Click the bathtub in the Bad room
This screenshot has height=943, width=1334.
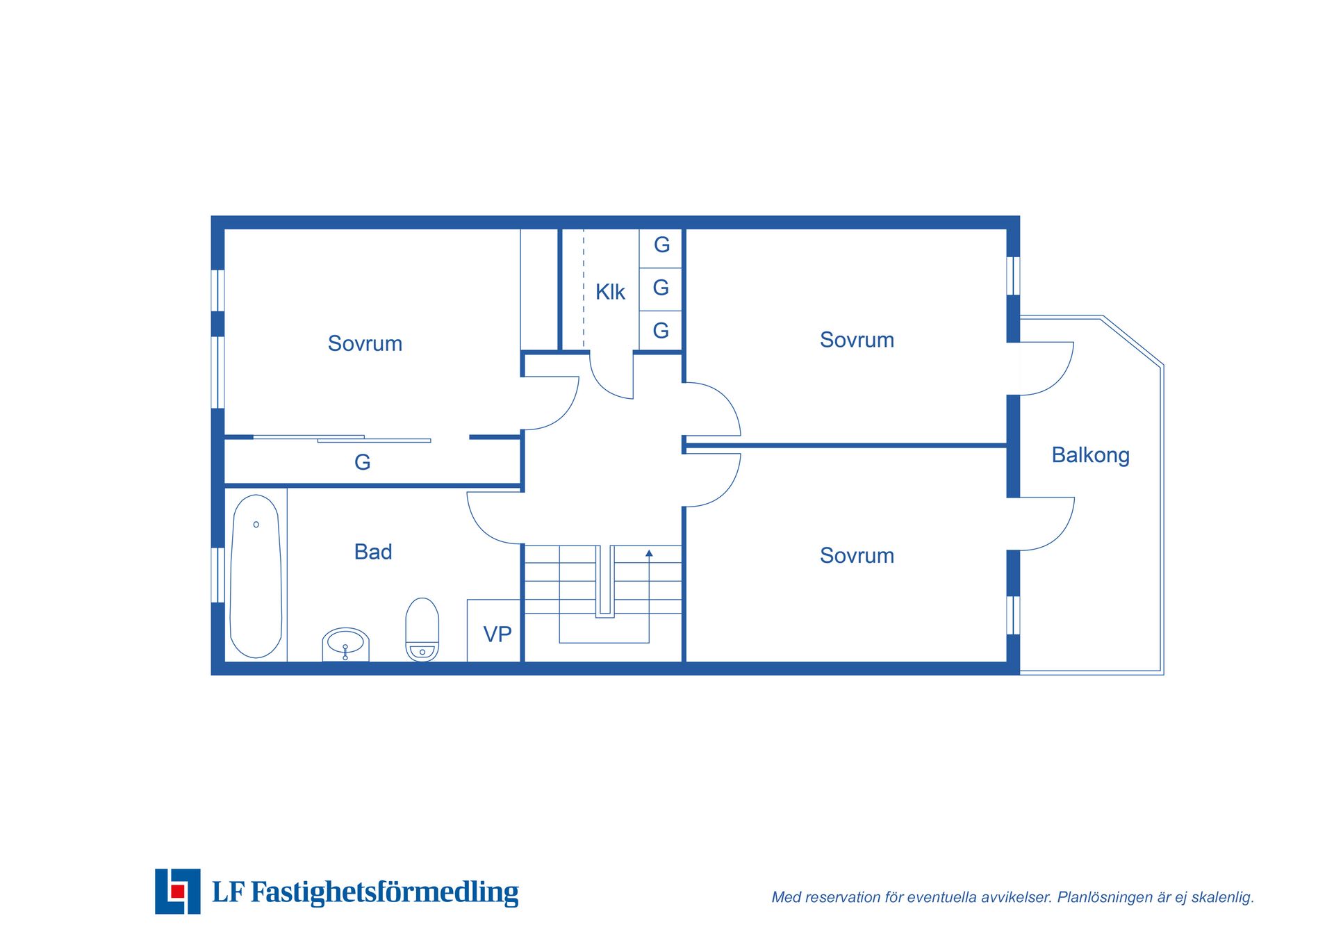256,576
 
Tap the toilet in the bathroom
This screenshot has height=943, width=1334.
422,630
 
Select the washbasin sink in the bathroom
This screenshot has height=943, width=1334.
345,644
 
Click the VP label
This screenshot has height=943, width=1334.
497,634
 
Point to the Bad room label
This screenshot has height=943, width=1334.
373,552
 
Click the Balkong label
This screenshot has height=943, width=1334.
1090,455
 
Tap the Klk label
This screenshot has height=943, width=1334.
610,292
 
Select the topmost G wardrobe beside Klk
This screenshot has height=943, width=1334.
661,245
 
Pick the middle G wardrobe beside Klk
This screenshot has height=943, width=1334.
661,288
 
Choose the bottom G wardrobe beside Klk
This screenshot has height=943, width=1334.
661,331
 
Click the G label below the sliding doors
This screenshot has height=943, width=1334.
362,462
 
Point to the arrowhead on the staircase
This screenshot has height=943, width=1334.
649,553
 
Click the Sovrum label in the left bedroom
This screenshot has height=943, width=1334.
365,343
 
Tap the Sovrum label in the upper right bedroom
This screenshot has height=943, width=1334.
857,340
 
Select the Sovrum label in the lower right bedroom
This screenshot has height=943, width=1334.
857,555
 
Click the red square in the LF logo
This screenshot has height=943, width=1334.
178,891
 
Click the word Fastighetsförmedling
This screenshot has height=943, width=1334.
384,892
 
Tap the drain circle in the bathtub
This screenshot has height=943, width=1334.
256,525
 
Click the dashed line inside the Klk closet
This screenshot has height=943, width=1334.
584,289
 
